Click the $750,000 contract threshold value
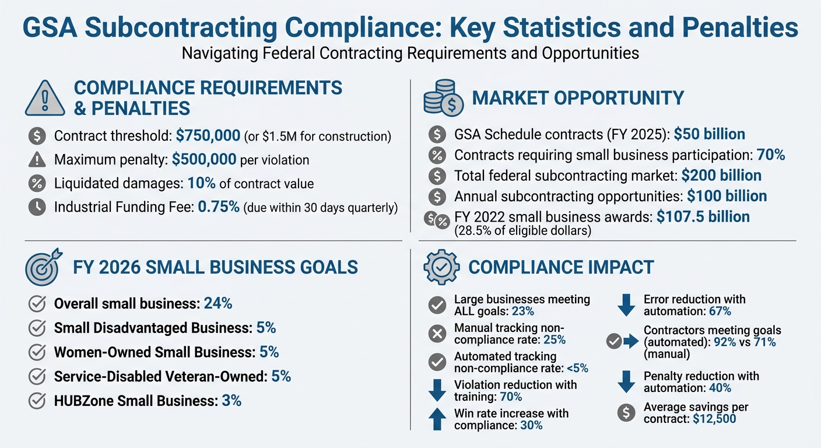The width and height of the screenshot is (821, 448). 208,136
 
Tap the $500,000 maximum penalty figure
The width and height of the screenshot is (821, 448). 204,159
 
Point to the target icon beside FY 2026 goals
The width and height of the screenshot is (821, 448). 43,267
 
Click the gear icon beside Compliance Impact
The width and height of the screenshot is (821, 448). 441,267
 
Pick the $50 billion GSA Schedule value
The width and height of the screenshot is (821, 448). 709,134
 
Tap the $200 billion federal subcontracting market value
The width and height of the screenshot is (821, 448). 721,175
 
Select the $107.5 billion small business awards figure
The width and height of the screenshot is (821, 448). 703,216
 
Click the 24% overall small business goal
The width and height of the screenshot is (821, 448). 218,303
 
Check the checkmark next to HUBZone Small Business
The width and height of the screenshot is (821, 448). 37,401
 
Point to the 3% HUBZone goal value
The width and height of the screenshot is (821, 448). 231,401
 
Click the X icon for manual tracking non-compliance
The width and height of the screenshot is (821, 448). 437,334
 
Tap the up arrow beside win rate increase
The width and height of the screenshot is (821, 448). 437,419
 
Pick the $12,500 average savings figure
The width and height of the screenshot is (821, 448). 714,419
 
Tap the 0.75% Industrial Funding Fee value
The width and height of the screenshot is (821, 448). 219,208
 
